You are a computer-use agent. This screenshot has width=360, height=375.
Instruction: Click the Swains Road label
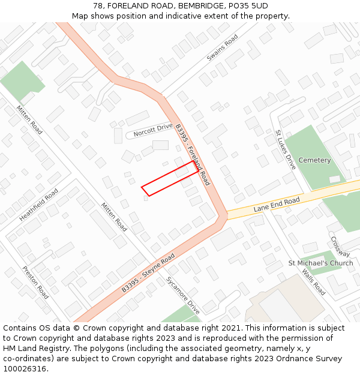tap(222, 47)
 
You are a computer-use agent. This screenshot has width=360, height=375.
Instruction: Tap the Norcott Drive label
tap(152, 130)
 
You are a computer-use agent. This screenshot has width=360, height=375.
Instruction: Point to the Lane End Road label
tap(277, 204)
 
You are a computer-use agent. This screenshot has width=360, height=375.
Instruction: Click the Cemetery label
tap(314, 160)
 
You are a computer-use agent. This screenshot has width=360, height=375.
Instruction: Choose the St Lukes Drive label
tap(285, 149)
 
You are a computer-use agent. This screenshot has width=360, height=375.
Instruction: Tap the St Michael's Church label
tap(320, 263)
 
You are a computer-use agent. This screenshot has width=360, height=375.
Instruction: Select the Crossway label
tap(340, 246)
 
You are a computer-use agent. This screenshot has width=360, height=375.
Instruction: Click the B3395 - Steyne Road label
tap(148, 272)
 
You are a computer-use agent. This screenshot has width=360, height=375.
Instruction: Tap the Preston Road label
tap(35, 283)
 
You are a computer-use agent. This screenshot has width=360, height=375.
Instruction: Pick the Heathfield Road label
tap(38, 205)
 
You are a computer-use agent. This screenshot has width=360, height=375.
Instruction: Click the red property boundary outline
tap(170, 178)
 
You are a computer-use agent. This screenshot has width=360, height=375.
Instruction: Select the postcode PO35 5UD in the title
tap(247, 6)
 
